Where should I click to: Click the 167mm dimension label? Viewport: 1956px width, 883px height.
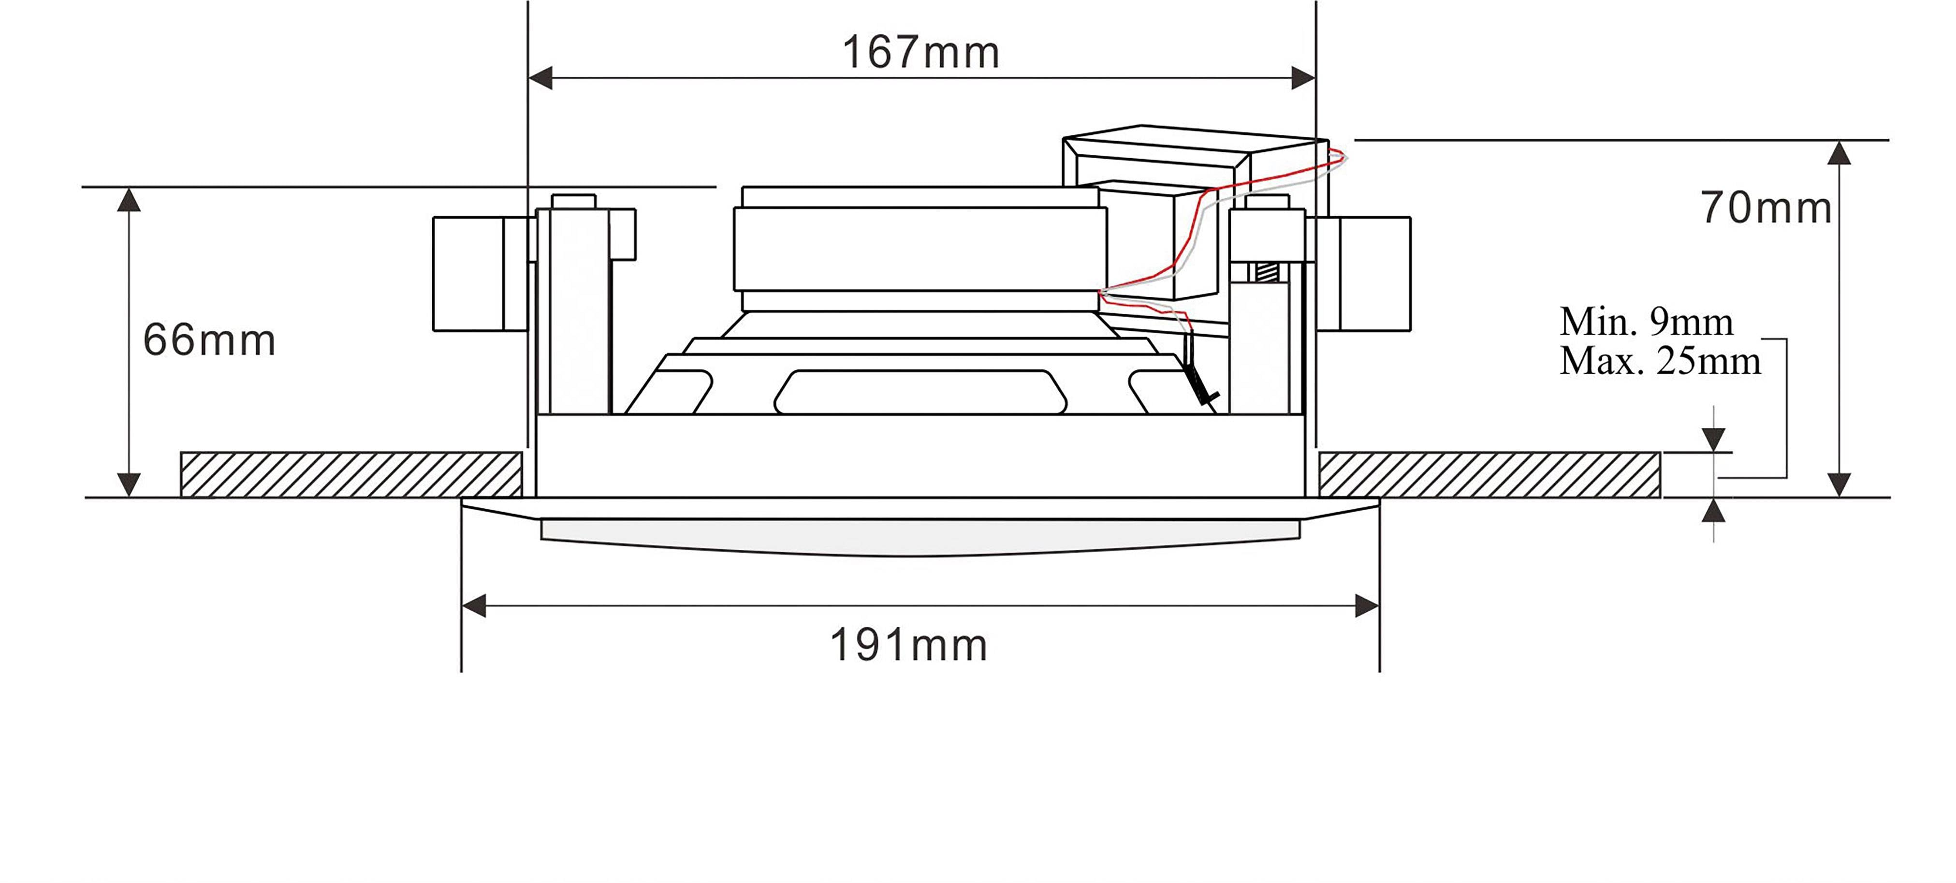920,53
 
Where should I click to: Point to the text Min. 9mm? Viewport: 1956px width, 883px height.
1646,322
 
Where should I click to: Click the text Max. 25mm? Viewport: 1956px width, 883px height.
1660,361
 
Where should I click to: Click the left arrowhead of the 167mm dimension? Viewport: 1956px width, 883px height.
540,77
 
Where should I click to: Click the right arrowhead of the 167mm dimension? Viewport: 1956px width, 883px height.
1303,77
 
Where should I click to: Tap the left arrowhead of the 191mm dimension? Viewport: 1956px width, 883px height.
474,606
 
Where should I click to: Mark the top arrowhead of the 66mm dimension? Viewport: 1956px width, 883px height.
129,201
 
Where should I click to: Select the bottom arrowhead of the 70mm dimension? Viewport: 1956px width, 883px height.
1839,484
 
